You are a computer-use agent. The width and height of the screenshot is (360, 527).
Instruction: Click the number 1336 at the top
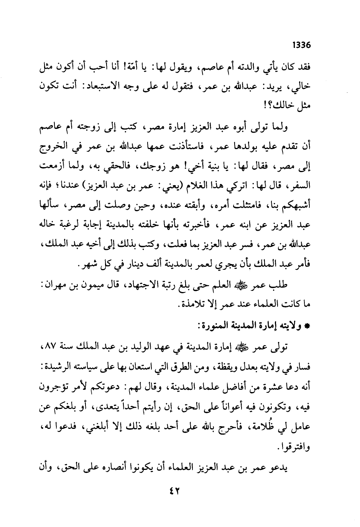click(x=301, y=45)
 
